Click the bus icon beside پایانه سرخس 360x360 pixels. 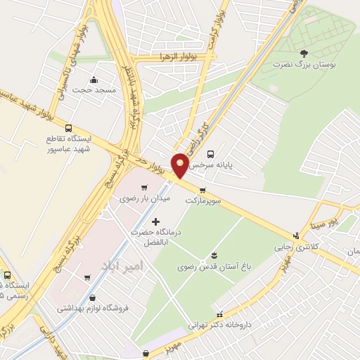click(210, 153)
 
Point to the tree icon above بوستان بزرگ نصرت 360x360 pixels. click(304, 53)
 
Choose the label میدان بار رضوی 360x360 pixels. click(136, 199)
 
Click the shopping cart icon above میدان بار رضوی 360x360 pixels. click(145, 188)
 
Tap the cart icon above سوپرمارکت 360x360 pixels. click(203, 190)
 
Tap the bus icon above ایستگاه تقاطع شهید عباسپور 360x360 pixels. click(68, 128)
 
